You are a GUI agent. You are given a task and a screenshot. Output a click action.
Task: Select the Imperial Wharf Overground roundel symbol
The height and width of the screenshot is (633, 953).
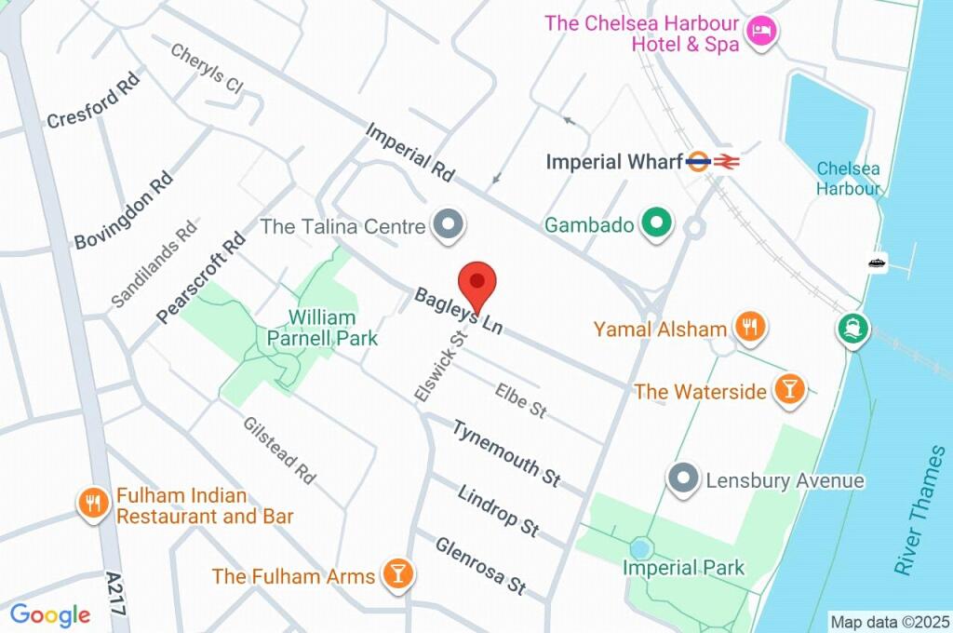coord(699,162)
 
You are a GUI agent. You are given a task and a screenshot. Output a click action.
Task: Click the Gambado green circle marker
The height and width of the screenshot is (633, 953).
coord(657,224)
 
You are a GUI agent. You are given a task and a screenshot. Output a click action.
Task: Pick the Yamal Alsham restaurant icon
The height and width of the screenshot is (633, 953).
coord(748,328)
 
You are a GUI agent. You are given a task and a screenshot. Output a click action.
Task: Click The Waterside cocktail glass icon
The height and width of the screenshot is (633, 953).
coord(789,390)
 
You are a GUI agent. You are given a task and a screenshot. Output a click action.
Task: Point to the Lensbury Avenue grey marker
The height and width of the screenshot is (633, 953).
coord(684,480)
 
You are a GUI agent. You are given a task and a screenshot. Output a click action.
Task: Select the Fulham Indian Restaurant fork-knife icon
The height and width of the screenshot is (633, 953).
coord(92,505)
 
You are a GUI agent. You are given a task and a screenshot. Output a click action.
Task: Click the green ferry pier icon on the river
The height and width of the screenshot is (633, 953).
coord(852,328)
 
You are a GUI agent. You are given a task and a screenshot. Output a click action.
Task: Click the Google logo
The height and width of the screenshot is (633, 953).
coord(50,615)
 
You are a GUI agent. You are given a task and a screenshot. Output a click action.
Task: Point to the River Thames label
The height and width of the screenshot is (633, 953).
coord(919,510)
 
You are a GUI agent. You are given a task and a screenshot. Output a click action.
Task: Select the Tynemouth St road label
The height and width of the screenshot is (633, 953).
coord(507,453)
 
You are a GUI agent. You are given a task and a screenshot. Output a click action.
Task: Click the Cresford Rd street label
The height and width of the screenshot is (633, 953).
coord(93,105)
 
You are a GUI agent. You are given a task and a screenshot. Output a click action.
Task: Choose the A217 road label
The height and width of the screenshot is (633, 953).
coord(115,592)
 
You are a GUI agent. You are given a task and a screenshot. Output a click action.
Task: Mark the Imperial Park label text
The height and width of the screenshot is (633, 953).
coord(683,568)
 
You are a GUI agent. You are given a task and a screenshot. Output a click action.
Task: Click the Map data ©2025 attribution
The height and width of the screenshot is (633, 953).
coord(891,622)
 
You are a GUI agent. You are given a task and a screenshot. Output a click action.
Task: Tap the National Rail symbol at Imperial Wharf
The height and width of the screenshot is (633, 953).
coord(728,162)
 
